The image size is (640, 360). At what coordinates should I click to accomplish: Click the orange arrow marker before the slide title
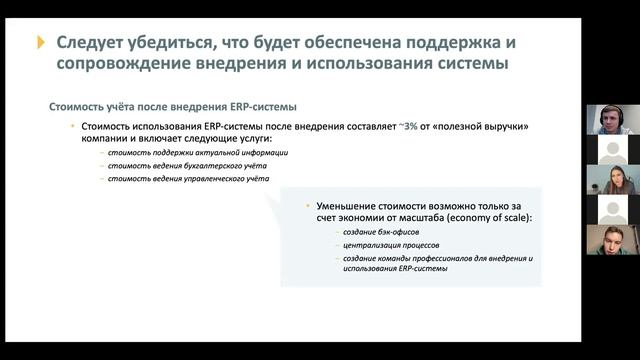pos(41,42)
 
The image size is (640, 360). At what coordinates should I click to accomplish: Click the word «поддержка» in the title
pos(452,42)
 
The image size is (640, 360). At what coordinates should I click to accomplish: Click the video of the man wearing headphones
pos(612,120)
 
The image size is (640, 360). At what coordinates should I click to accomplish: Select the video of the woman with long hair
pos(612,180)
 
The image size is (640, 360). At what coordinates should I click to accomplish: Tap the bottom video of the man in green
pos(612,240)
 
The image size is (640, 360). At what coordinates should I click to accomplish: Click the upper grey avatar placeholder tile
pos(612,150)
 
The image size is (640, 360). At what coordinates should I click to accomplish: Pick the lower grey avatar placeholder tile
pos(612,210)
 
